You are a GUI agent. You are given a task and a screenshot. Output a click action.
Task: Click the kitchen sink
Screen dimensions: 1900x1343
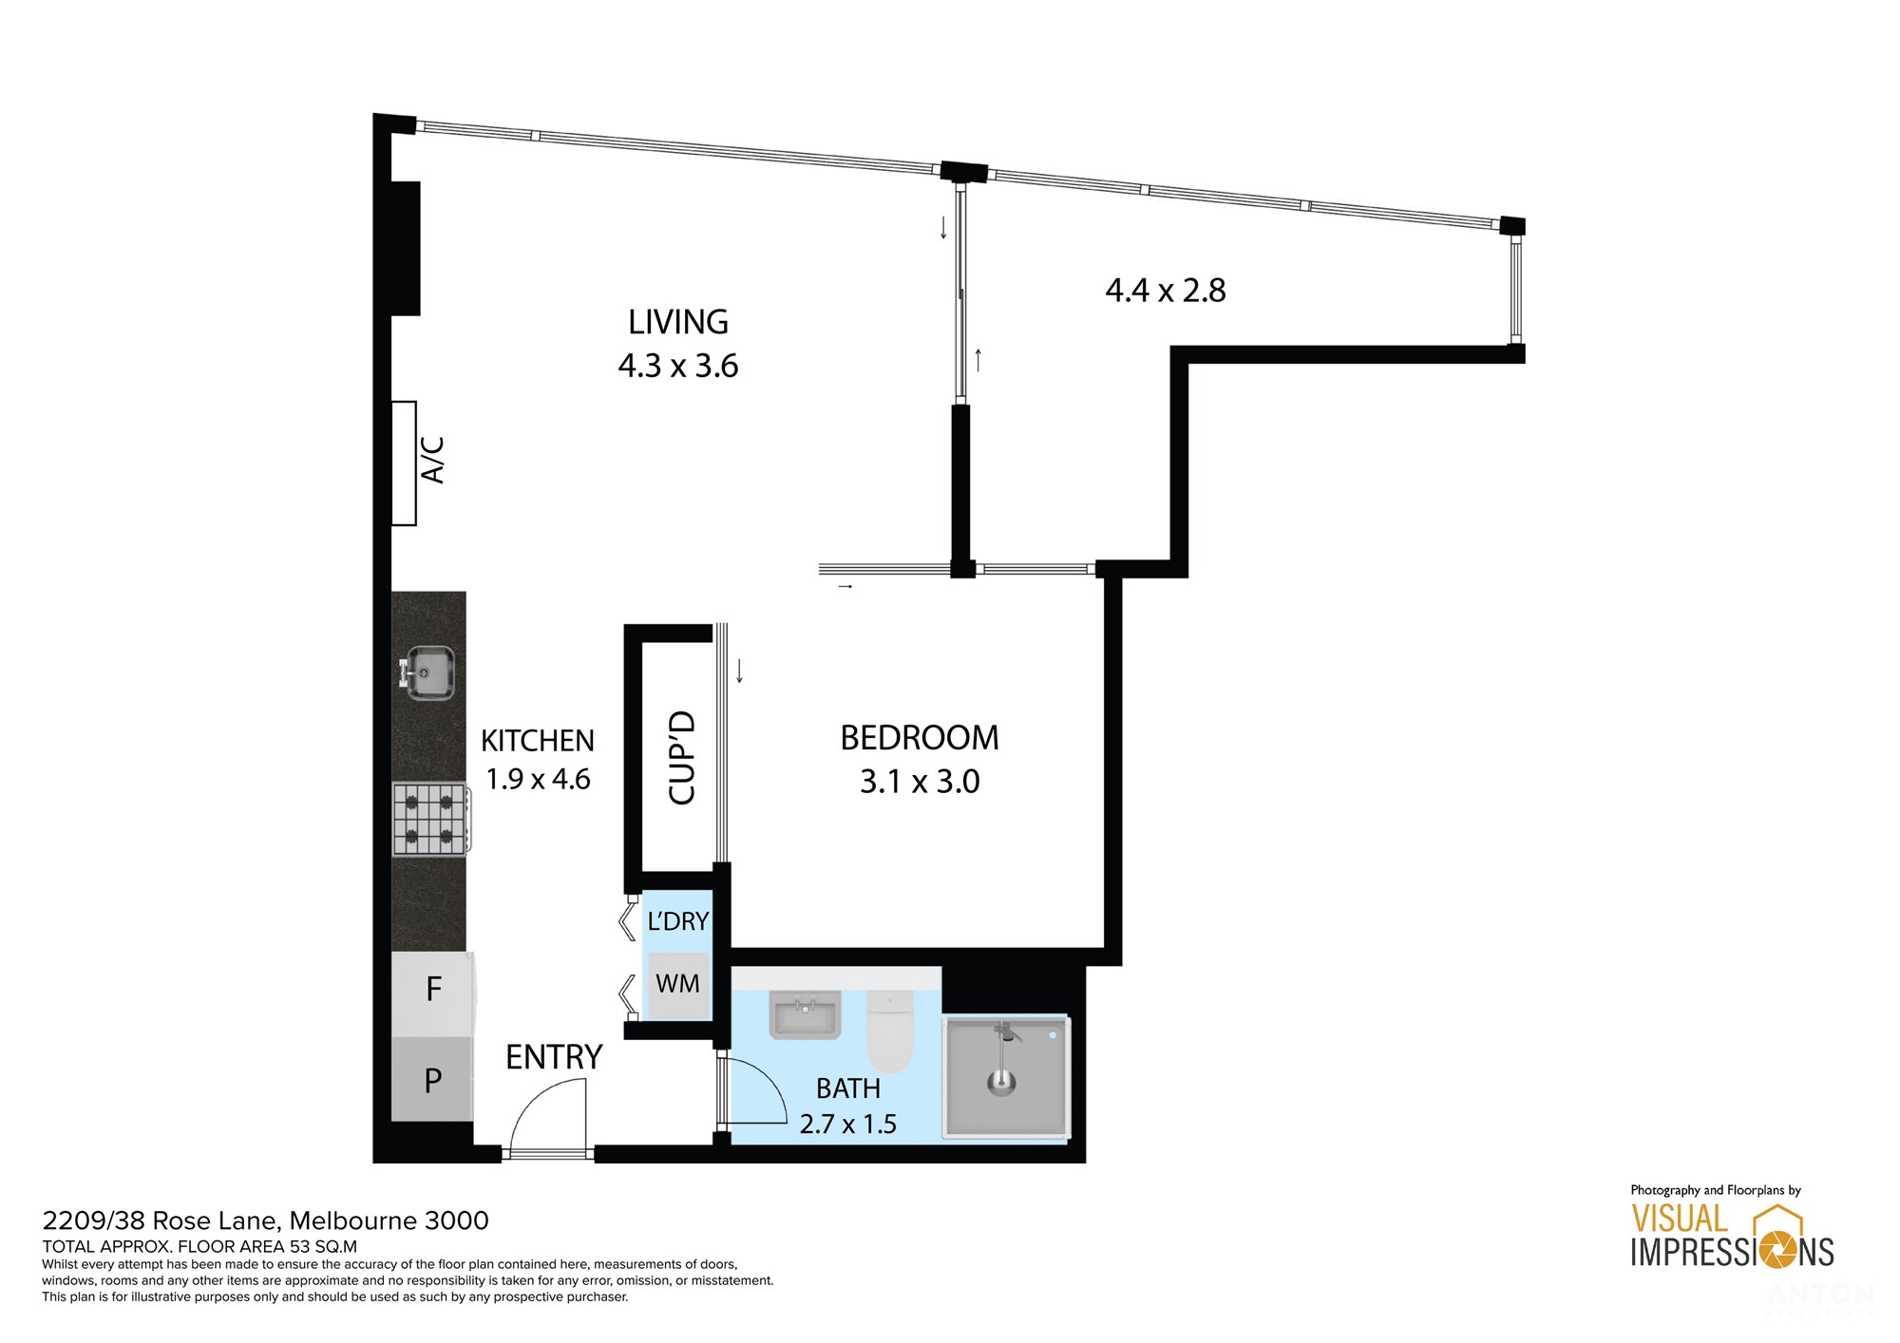(429, 672)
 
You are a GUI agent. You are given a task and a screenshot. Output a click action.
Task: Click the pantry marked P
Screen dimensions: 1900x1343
(433, 1080)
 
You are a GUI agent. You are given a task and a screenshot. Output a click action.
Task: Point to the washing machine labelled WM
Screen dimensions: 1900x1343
(677, 985)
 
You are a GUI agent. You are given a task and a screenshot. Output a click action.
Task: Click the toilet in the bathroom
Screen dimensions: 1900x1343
(890, 1031)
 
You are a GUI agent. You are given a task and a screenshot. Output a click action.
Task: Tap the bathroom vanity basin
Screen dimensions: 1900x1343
(805, 1015)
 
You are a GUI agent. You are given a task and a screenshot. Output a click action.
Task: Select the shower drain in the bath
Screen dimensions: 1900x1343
(1000, 1081)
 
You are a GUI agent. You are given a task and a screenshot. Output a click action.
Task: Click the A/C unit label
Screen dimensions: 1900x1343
(432, 460)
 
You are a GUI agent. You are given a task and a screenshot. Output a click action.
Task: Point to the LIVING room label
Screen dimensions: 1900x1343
(678, 323)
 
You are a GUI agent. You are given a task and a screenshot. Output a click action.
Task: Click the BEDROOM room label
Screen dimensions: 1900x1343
(920, 738)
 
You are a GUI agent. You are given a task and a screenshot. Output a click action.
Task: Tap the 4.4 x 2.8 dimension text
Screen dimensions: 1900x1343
(1166, 291)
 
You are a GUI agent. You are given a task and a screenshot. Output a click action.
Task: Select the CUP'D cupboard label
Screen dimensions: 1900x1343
(682, 758)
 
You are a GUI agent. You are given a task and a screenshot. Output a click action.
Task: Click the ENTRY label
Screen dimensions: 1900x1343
(554, 1057)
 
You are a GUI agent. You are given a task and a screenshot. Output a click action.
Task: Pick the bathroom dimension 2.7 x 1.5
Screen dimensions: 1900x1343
(848, 1125)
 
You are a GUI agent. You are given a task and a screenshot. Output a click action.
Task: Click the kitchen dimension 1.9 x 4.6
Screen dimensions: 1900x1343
(538, 780)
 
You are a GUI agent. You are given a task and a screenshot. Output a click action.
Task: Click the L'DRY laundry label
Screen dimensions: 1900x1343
(678, 921)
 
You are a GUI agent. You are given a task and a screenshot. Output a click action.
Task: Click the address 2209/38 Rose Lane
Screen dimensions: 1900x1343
(161, 1221)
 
